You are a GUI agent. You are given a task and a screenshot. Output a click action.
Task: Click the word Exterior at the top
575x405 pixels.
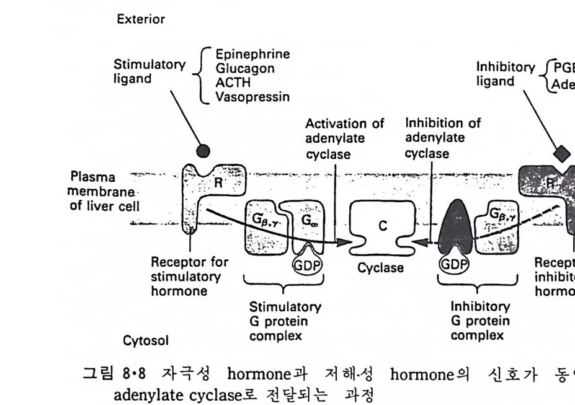[141, 19]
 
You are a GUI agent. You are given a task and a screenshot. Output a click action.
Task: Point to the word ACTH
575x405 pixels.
[229, 82]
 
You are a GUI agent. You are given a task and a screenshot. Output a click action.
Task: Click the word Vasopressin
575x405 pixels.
[251, 97]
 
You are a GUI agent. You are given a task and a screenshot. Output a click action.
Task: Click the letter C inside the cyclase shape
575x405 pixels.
[383, 226]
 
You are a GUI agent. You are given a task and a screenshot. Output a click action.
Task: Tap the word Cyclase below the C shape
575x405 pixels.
[381, 269]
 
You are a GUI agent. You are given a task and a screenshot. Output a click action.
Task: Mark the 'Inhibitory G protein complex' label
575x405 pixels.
[479, 321]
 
